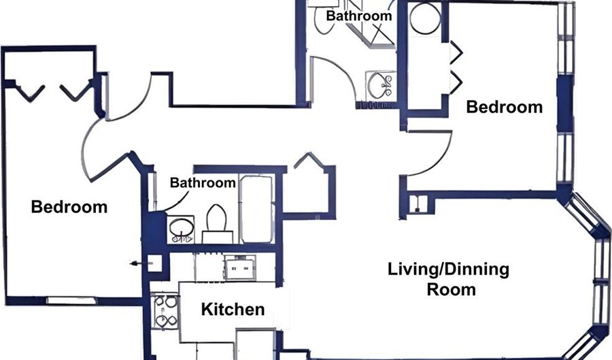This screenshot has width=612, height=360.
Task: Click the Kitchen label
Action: (233, 309)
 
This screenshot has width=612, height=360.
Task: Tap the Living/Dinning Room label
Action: (449, 279)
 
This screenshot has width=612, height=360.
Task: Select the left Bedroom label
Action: (69, 207)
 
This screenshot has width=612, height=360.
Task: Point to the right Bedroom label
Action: (505, 107)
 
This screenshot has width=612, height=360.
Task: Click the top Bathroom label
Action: (358, 16)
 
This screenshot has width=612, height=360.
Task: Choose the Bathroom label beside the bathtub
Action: (203, 183)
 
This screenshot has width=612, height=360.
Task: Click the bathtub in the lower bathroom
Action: (256, 209)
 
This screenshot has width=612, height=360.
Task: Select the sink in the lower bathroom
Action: (181, 229)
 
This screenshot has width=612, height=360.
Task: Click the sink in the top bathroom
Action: (379, 85)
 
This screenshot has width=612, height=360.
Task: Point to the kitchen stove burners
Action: (165, 311)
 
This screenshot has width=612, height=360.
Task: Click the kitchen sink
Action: (240, 268)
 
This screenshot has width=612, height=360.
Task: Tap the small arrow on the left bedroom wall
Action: (141, 264)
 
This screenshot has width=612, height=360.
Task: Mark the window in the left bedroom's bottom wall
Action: (71, 301)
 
